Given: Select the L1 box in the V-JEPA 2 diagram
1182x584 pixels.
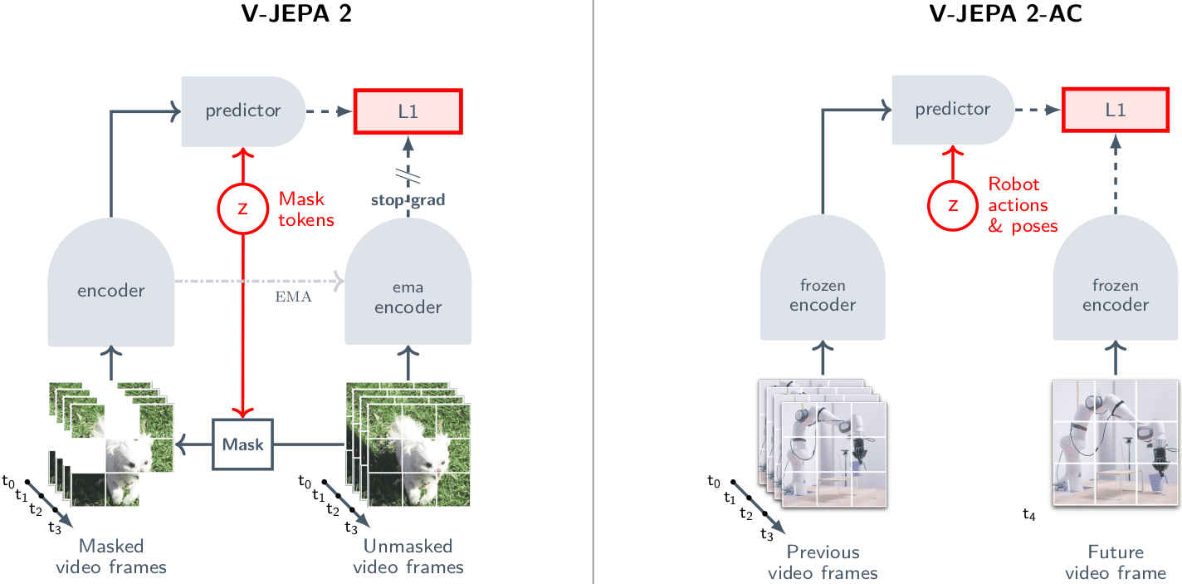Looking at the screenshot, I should [x=408, y=110].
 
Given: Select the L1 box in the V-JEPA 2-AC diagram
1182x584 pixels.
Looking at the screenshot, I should [x=1116, y=109].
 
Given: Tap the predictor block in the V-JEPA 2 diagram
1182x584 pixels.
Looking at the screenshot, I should [x=243, y=110].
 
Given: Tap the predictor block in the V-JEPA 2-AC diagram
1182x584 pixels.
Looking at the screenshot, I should [x=953, y=109].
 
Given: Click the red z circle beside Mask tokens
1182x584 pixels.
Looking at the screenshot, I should [x=242, y=209].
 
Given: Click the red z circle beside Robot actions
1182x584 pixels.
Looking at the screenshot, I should [x=952, y=204].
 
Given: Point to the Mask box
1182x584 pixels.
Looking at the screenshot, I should [x=242, y=444].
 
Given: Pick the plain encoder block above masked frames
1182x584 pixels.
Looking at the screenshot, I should [x=111, y=291].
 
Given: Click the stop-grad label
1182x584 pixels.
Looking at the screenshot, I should [x=408, y=199].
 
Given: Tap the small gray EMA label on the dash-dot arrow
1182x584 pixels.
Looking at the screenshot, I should [x=293, y=297].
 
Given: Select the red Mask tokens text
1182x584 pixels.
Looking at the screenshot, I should [x=306, y=209].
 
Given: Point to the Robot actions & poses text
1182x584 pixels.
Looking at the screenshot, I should [x=1023, y=204].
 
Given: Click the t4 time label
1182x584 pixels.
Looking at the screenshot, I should [x=1029, y=515].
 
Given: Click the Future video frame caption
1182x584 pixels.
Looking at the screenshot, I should [x=1116, y=562].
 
